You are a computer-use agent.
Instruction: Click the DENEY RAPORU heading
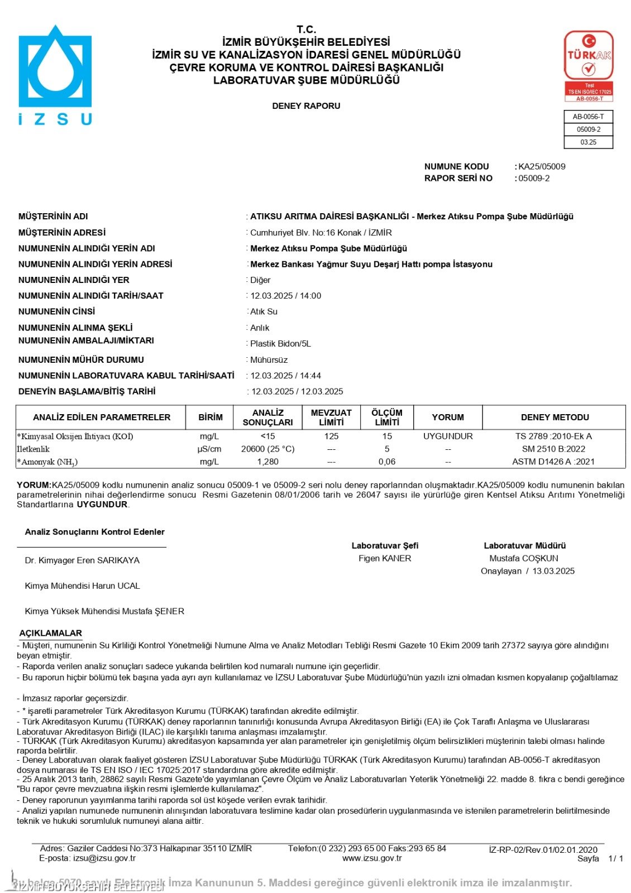[x=306, y=106]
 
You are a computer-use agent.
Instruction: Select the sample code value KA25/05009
[x=542, y=166]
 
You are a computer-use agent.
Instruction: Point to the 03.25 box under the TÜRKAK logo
[x=588, y=142]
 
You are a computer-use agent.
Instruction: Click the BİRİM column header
[x=211, y=417]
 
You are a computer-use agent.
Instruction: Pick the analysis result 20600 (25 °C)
[x=267, y=449]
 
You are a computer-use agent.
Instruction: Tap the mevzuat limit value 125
[x=331, y=436]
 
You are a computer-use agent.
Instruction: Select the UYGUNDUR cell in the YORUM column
[x=448, y=436]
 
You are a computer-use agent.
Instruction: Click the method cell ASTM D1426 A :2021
[x=553, y=462]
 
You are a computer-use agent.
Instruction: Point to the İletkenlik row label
[x=34, y=449]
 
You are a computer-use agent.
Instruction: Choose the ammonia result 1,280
[x=267, y=462]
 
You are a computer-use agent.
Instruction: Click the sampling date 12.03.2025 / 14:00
[x=286, y=296]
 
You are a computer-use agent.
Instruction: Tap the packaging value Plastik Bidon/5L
[x=280, y=344]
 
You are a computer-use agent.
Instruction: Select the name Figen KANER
[x=385, y=558]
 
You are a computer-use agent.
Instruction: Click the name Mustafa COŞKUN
[x=524, y=558]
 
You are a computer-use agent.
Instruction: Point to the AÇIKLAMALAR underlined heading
[x=51, y=633]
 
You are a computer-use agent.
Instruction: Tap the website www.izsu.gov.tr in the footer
[x=372, y=858]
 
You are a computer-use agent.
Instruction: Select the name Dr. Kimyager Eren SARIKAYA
[x=82, y=560]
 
